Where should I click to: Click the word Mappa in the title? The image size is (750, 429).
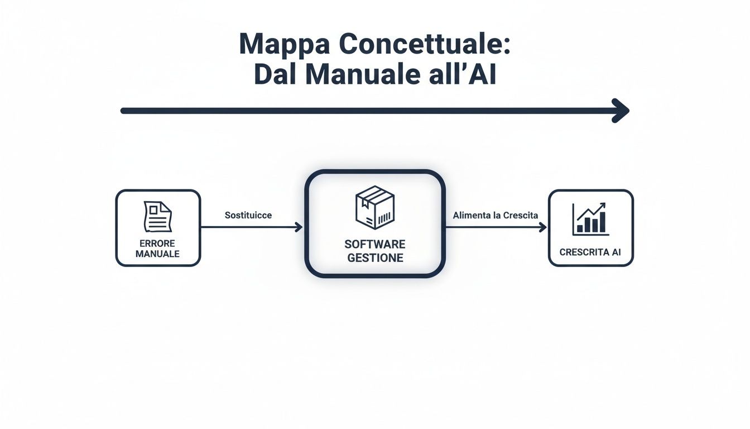283,45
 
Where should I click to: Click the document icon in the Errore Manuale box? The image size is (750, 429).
158,217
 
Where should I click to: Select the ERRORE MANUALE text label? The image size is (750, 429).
157,249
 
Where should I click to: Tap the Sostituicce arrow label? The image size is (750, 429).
248,215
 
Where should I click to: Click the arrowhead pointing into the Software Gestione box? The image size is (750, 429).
299,227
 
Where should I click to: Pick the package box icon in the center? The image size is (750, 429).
374,208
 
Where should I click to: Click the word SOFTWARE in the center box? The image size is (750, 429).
375,244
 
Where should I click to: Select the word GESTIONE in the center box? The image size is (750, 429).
375,258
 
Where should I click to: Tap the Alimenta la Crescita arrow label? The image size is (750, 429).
496,215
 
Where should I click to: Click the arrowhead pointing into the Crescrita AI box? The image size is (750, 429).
542,227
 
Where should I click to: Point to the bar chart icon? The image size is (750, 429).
590,220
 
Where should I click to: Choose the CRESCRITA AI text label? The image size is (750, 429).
590,252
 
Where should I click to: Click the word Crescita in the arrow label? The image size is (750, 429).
521,215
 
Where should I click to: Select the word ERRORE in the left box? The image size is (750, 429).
157,244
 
